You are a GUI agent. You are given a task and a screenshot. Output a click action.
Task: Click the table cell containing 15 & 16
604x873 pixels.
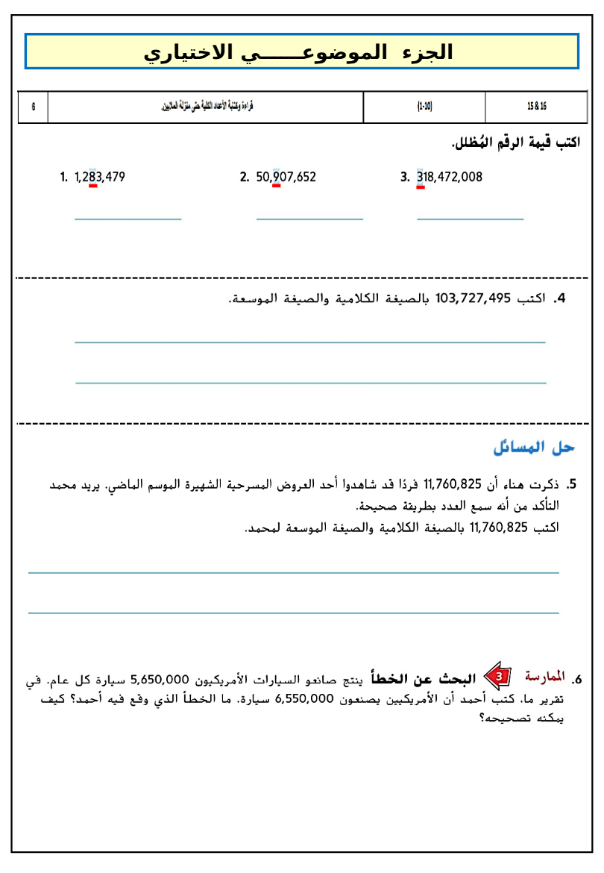[x=536, y=107]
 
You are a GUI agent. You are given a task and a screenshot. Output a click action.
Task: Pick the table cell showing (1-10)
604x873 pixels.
[x=424, y=107]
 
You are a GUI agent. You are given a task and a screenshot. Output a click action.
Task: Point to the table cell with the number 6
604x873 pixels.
[x=34, y=107]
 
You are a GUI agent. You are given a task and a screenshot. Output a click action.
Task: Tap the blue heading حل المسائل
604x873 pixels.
[x=534, y=448]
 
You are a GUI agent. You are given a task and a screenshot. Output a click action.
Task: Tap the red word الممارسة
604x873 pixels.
[x=545, y=677]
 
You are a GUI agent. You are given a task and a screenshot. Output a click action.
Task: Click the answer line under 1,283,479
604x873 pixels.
[x=128, y=219]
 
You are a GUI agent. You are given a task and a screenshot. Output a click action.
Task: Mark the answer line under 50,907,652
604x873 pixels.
[x=309, y=219]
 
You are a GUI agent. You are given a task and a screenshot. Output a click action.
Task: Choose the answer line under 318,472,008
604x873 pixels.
[x=471, y=219]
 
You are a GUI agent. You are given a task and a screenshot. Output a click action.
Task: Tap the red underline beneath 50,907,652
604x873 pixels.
[x=277, y=187]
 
